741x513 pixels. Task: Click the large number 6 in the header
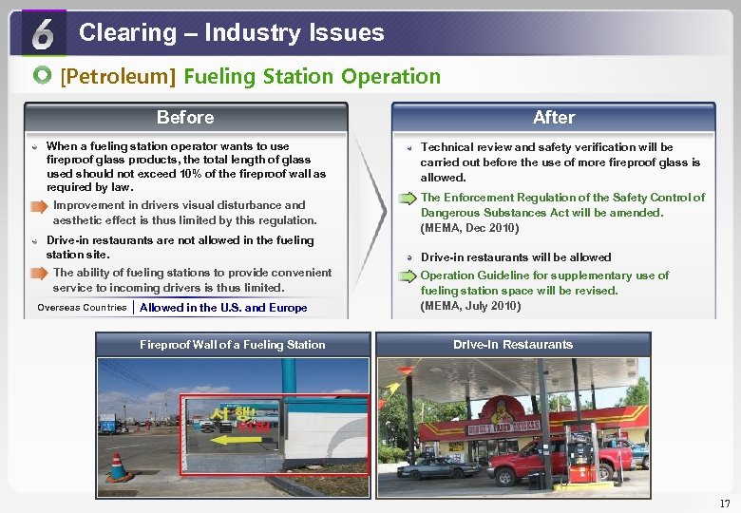(x=44, y=34)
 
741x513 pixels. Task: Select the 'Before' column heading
(x=185, y=117)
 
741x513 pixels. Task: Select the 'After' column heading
(x=553, y=117)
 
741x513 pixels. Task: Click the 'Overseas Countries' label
(x=82, y=308)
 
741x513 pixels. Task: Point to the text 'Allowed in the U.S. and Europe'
(x=223, y=308)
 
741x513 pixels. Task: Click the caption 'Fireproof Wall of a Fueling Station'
(x=232, y=345)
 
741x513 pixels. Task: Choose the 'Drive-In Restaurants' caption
(x=513, y=345)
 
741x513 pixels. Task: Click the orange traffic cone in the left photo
(x=118, y=467)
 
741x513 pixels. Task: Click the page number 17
(x=725, y=503)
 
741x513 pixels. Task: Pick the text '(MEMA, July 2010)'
(x=470, y=306)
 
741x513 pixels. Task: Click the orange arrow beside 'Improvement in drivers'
(x=38, y=205)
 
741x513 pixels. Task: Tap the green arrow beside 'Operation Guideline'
(x=407, y=275)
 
